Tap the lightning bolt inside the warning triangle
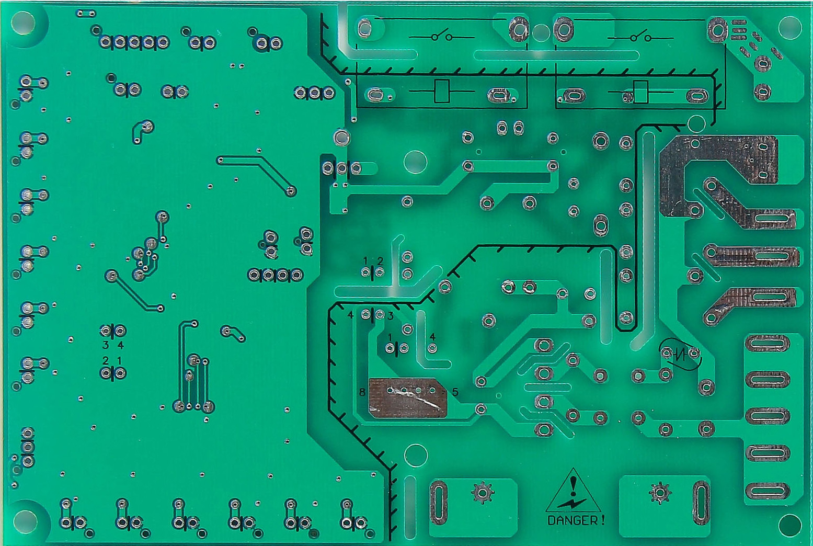coord(572,502)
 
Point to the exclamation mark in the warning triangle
coord(573,485)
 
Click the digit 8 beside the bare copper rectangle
coord(362,392)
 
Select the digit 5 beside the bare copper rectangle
coord(455,392)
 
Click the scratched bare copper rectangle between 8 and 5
coord(408,397)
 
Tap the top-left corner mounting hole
coord(23,22)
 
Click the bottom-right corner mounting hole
coord(790,525)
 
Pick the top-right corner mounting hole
coord(790,27)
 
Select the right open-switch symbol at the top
coord(640,37)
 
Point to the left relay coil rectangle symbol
coord(442,91)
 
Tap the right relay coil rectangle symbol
coord(640,92)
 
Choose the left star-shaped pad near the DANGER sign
coord(483,493)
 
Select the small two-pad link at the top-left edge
coord(86,14)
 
